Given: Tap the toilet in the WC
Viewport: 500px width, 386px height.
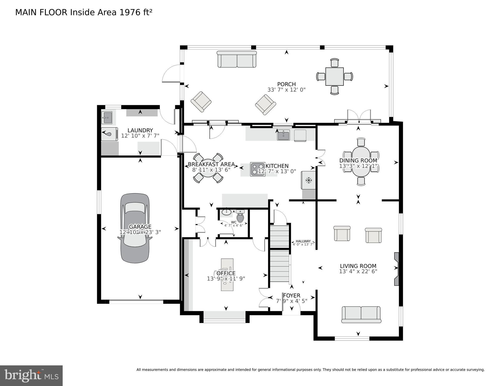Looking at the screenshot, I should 240,217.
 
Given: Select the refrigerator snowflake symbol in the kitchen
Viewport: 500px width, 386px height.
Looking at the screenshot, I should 309,180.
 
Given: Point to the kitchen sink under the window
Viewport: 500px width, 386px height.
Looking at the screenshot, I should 283,135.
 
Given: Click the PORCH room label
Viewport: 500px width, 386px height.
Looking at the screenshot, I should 286,84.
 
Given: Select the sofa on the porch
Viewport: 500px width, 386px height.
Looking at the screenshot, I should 237,59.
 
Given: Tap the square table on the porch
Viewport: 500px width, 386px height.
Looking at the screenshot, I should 334,76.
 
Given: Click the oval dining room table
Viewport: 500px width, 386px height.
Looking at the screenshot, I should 361,162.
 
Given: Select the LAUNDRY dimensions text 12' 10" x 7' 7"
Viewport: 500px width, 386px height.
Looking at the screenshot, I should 140,136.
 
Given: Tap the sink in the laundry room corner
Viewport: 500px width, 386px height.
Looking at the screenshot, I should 107,118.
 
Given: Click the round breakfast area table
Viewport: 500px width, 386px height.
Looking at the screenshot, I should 208,168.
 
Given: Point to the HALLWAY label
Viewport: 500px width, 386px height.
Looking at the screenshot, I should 303,241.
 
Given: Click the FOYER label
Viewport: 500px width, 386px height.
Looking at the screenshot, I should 292,295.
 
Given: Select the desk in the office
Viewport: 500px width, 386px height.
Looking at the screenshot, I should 227,275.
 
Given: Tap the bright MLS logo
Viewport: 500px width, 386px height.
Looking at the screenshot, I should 31,375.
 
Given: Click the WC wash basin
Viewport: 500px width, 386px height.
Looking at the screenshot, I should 227,212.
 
